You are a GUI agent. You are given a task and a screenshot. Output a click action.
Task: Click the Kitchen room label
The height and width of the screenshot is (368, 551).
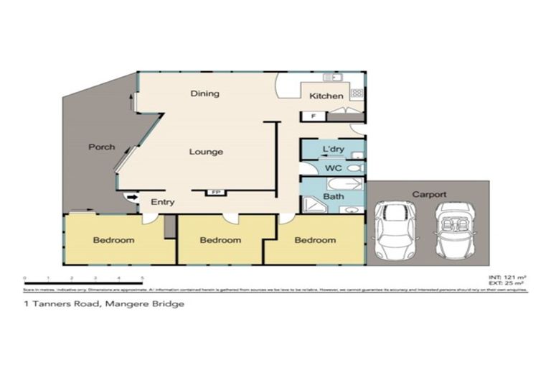click(x=326, y=96)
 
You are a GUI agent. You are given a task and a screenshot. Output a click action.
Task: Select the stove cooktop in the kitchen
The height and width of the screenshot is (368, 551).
click(x=357, y=93)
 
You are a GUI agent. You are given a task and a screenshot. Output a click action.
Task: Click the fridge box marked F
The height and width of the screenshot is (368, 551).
click(x=314, y=116)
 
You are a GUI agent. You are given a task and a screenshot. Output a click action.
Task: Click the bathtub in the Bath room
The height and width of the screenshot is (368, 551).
click(x=344, y=184)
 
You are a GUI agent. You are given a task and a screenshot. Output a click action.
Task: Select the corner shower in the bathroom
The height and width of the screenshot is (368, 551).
click(x=314, y=206)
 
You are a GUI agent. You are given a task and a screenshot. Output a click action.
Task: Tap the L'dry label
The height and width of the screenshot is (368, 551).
click(x=333, y=149)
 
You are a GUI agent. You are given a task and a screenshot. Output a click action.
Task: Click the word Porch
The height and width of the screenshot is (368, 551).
click(x=101, y=147)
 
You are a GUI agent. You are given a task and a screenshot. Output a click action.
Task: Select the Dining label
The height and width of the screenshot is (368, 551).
click(x=204, y=94)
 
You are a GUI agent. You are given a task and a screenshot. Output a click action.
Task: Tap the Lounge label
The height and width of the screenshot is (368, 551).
click(x=206, y=152)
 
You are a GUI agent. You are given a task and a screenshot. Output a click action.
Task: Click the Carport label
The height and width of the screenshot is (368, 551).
click(x=429, y=194)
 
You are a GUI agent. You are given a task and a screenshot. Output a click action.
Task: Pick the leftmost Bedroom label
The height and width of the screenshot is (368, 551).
click(x=113, y=240)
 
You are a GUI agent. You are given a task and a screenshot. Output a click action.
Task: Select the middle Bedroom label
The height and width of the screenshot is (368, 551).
click(x=220, y=240)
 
